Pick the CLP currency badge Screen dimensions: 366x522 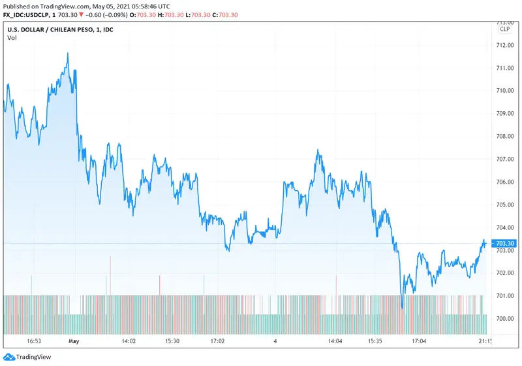505,29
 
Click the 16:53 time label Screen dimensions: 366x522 34,341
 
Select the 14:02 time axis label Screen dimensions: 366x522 129,341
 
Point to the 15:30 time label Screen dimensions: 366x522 172,341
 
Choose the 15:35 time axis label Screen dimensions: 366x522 375,341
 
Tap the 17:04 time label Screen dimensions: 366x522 418,341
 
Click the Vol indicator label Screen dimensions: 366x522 12,38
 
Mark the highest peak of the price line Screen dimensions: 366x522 68,54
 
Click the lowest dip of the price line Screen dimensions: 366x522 402,307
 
